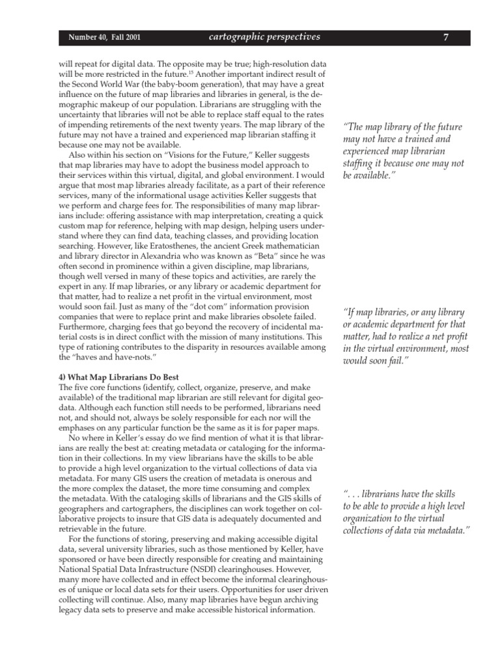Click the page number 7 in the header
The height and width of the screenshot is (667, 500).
tap(446, 37)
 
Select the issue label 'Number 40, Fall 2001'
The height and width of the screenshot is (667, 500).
tap(104, 38)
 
